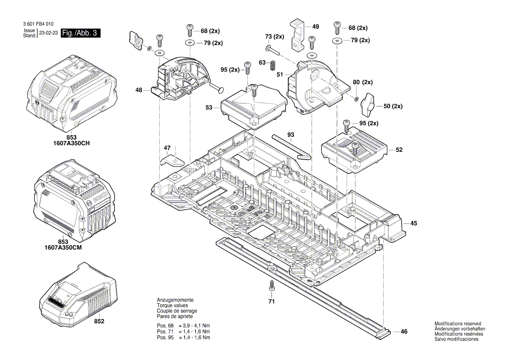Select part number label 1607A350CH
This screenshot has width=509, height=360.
[71, 143]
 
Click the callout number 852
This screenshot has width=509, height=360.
[99, 322]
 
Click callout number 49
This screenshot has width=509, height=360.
[316, 27]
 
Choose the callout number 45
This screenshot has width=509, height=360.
[414, 223]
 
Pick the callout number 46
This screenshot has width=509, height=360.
[404, 332]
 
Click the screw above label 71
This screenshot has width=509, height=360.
[272, 285]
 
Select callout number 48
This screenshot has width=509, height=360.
[139, 90]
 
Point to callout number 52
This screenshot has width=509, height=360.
[399, 150]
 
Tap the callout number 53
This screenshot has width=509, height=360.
[209, 107]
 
